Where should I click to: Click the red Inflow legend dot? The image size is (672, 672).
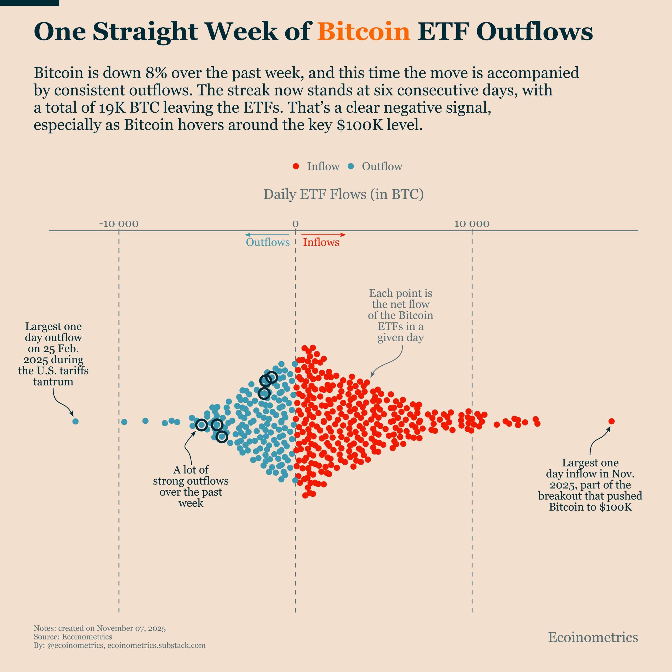point(296,166)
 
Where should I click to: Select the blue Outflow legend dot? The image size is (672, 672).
point(351,166)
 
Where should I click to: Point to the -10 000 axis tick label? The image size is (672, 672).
point(119,224)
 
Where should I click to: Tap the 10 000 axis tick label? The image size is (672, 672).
point(472,224)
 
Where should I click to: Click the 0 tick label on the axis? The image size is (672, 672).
point(295,224)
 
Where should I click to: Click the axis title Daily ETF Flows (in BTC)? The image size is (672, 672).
point(343,194)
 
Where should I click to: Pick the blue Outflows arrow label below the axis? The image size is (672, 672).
point(267,242)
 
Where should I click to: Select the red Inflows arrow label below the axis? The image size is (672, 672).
point(321,242)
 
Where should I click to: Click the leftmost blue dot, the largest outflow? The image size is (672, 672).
point(76,421)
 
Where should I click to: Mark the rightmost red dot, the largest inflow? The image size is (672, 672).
point(611,421)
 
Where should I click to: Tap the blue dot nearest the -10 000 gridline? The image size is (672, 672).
point(124,422)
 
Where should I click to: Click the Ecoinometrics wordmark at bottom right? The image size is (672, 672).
point(593,637)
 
